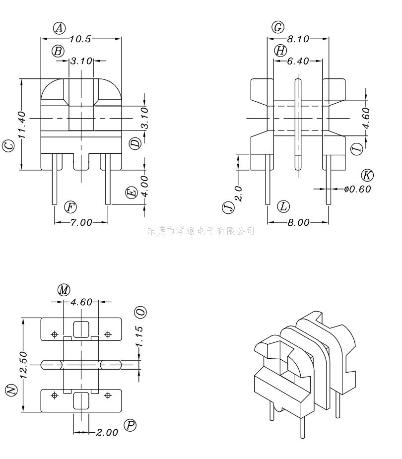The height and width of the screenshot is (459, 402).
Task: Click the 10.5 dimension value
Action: click(x=81, y=39)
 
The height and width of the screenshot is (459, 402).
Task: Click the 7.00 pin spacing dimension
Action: click(x=81, y=223)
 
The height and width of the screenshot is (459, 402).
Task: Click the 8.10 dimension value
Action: click(x=298, y=39)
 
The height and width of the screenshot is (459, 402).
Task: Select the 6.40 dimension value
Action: click(x=298, y=61)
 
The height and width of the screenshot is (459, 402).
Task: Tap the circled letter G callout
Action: click(x=278, y=27)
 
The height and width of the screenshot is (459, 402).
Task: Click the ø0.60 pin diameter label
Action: click(x=357, y=189)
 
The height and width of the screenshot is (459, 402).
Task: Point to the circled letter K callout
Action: click(x=367, y=175)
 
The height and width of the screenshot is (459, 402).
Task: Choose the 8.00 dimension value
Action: click(x=298, y=223)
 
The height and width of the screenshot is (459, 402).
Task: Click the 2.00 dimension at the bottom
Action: click(x=107, y=433)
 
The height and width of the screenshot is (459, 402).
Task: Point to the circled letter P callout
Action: click(x=131, y=425)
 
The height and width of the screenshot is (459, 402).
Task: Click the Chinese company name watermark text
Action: click(x=201, y=231)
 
